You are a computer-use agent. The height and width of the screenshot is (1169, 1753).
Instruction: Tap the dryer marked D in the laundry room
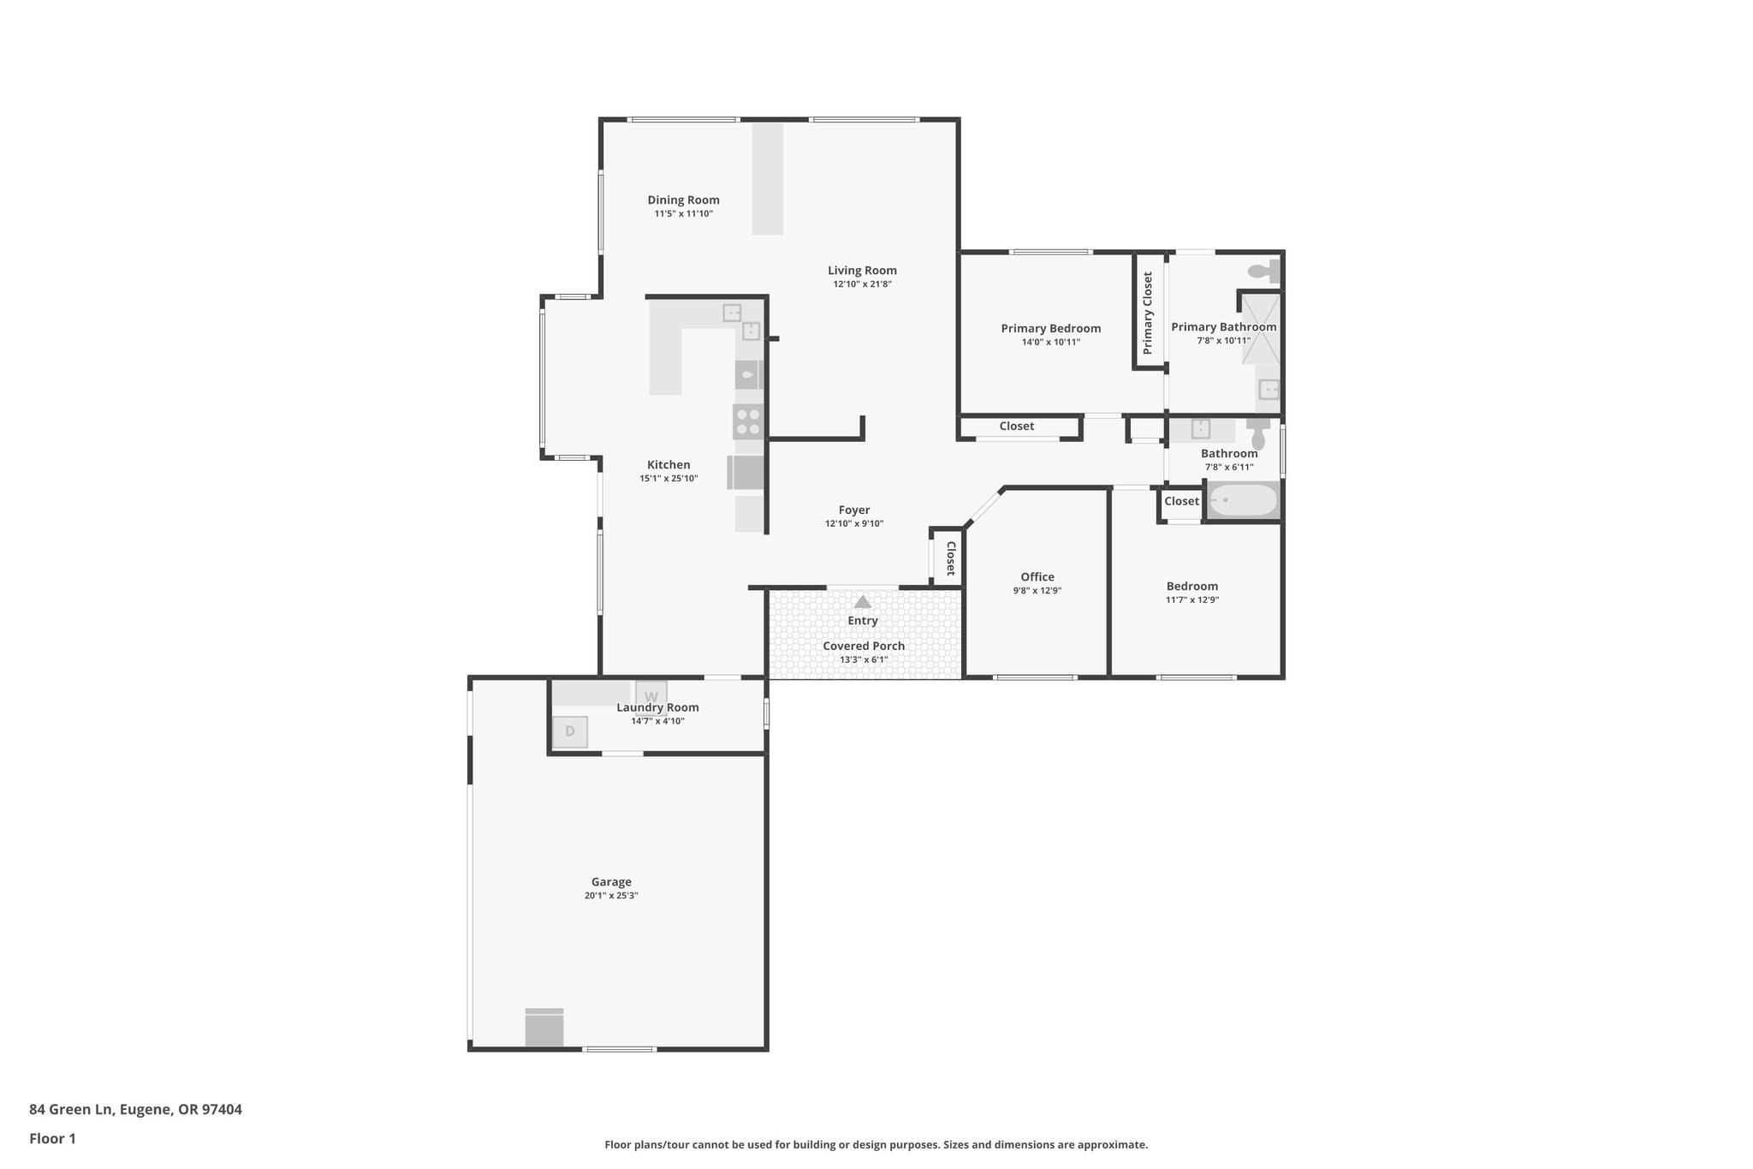click(570, 731)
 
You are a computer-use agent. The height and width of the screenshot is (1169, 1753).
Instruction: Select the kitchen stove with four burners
click(748, 422)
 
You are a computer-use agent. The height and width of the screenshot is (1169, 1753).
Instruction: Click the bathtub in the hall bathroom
click(1243, 500)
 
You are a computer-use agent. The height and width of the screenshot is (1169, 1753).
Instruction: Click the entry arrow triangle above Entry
click(863, 602)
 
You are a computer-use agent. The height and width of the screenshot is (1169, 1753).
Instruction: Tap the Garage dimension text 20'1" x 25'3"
click(611, 896)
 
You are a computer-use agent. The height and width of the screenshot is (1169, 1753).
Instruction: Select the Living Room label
click(862, 271)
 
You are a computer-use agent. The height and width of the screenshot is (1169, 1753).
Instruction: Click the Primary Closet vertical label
click(1148, 313)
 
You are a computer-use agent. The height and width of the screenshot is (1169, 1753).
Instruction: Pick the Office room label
click(1037, 577)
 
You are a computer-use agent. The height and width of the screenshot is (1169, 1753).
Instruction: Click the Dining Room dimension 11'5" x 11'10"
click(683, 214)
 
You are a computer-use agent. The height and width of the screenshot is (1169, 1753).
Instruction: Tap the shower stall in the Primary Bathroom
click(1262, 329)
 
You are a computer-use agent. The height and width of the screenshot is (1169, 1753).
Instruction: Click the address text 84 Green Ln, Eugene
click(135, 1109)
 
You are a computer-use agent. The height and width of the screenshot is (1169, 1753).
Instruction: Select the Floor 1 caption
click(52, 1139)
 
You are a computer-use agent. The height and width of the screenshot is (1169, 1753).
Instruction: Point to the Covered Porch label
click(864, 647)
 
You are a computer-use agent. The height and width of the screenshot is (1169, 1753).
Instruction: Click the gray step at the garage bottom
click(544, 1028)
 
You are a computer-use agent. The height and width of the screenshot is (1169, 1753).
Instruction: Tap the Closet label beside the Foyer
click(950, 558)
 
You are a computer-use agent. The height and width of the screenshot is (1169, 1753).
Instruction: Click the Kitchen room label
click(669, 465)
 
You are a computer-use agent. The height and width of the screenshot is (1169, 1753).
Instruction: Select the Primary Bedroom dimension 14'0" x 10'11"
click(1051, 343)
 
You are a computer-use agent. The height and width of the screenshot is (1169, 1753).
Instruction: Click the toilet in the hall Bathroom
click(1257, 436)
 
